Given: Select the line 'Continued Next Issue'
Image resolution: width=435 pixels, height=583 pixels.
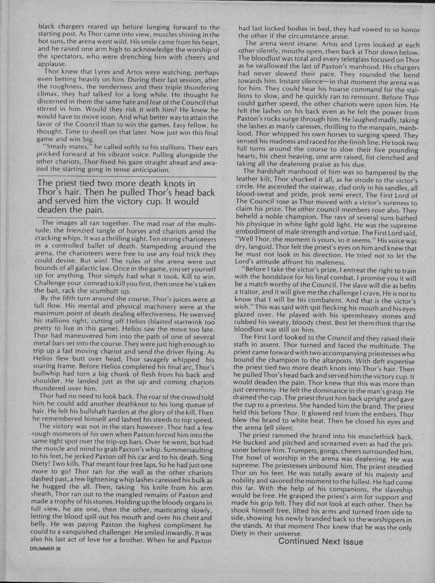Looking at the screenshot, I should click(x=321, y=541).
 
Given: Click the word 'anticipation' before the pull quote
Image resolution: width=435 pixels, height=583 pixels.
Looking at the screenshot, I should click(x=145, y=169).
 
